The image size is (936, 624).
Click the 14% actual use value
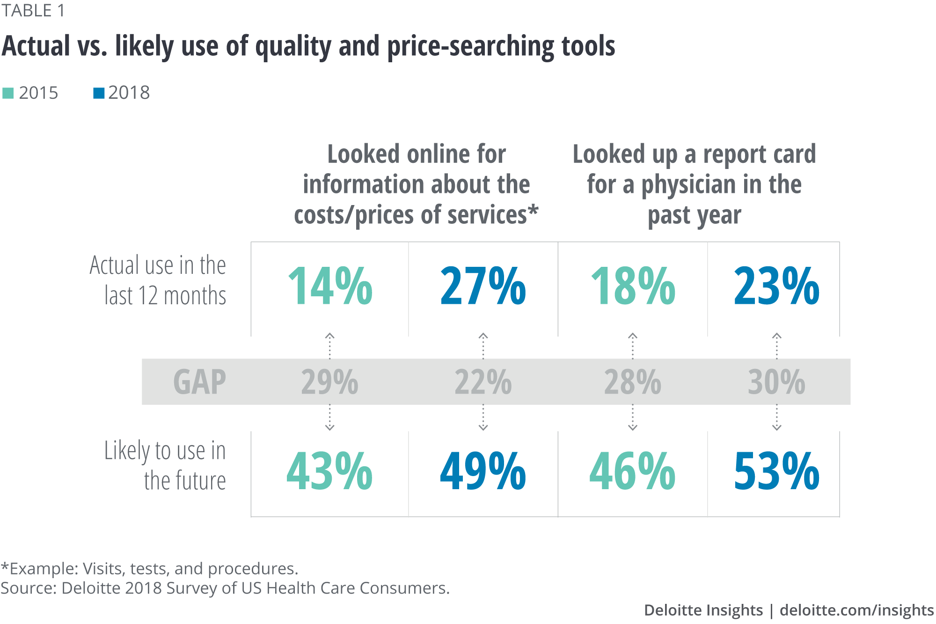point(330,286)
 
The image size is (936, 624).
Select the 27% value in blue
point(483,286)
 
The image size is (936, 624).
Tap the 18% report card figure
point(633,286)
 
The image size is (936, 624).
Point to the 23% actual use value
point(776,286)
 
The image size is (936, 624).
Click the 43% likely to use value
point(329,471)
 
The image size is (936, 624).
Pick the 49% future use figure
point(483,471)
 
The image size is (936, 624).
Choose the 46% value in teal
point(632,471)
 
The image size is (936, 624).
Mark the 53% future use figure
point(776,471)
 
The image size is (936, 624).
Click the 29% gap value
point(329,382)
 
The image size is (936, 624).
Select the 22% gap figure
point(483,382)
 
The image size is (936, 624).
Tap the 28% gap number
point(632,382)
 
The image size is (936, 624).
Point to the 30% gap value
point(776,382)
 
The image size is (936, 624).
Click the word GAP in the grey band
point(199,382)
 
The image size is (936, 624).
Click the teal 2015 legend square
point(8,93)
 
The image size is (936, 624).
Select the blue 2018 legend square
point(99,93)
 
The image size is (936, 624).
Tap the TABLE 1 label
point(33,11)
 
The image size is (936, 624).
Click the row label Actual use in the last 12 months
point(158,280)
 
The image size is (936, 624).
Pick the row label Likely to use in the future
point(165,465)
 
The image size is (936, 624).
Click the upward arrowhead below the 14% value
point(330,336)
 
